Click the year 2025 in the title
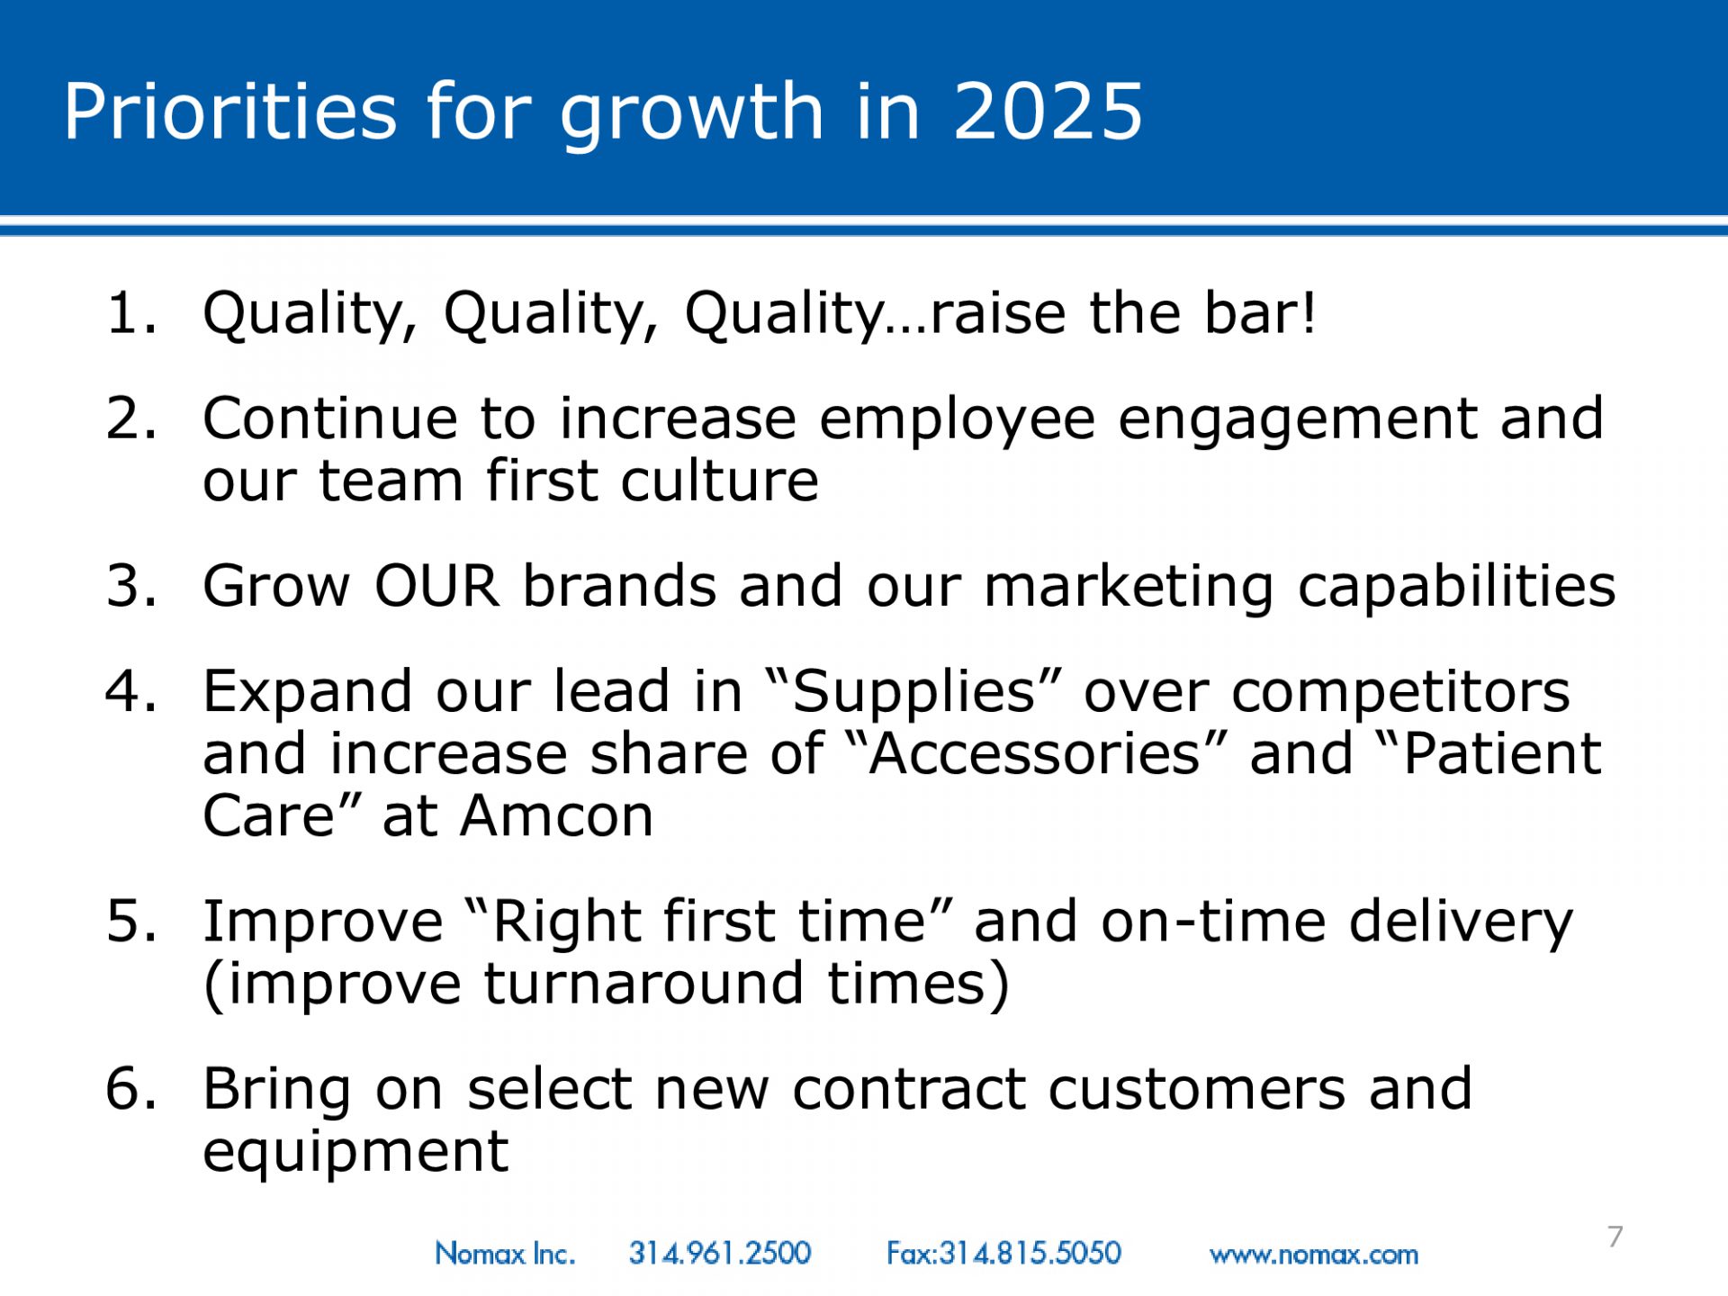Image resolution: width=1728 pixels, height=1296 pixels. pyautogui.click(x=1048, y=111)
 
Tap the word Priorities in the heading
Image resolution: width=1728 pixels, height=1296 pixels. pyautogui.click(x=229, y=111)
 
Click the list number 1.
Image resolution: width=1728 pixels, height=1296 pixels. pyautogui.click(x=131, y=313)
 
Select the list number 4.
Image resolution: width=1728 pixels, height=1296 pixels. pyautogui.click(x=131, y=691)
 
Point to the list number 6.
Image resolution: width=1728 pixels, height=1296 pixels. pyautogui.click(x=131, y=1089)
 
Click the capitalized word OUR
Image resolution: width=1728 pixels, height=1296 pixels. pyautogui.click(x=437, y=586)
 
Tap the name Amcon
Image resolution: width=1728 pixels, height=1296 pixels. pyautogui.click(x=556, y=816)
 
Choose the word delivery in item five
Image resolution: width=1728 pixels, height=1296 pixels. pyautogui.click(x=1461, y=924)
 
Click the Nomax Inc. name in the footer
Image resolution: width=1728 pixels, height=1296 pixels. pyautogui.click(x=505, y=1253)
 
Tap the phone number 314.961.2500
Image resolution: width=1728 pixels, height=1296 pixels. pyautogui.click(x=720, y=1253)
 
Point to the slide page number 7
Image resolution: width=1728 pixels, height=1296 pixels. pyautogui.click(x=1615, y=1237)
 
